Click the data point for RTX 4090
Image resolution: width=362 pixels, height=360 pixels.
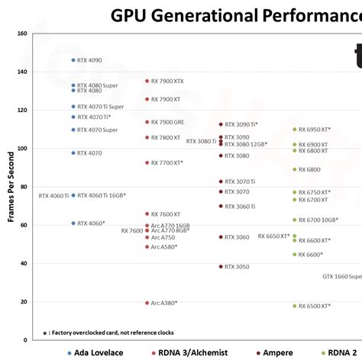click(x=73, y=60)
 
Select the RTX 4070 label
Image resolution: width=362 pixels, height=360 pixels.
click(x=89, y=153)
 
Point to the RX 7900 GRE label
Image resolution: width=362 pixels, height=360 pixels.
click(x=167, y=122)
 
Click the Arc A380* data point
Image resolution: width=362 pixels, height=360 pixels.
click(x=147, y=303)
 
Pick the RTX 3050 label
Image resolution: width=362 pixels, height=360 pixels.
click(x=237, y=267)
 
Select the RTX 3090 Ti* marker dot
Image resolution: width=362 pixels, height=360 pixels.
click(x=221, y=124)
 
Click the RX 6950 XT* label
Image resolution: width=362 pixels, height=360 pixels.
click(x=315, y=130)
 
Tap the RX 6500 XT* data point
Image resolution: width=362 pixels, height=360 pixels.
click(x=294, y=306)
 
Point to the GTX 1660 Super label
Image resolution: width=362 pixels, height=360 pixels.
click(x=341, y=276)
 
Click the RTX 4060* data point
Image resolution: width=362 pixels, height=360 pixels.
click(x=73, y=223)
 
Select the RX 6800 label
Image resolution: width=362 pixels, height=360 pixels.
click(x=309, y=169)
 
